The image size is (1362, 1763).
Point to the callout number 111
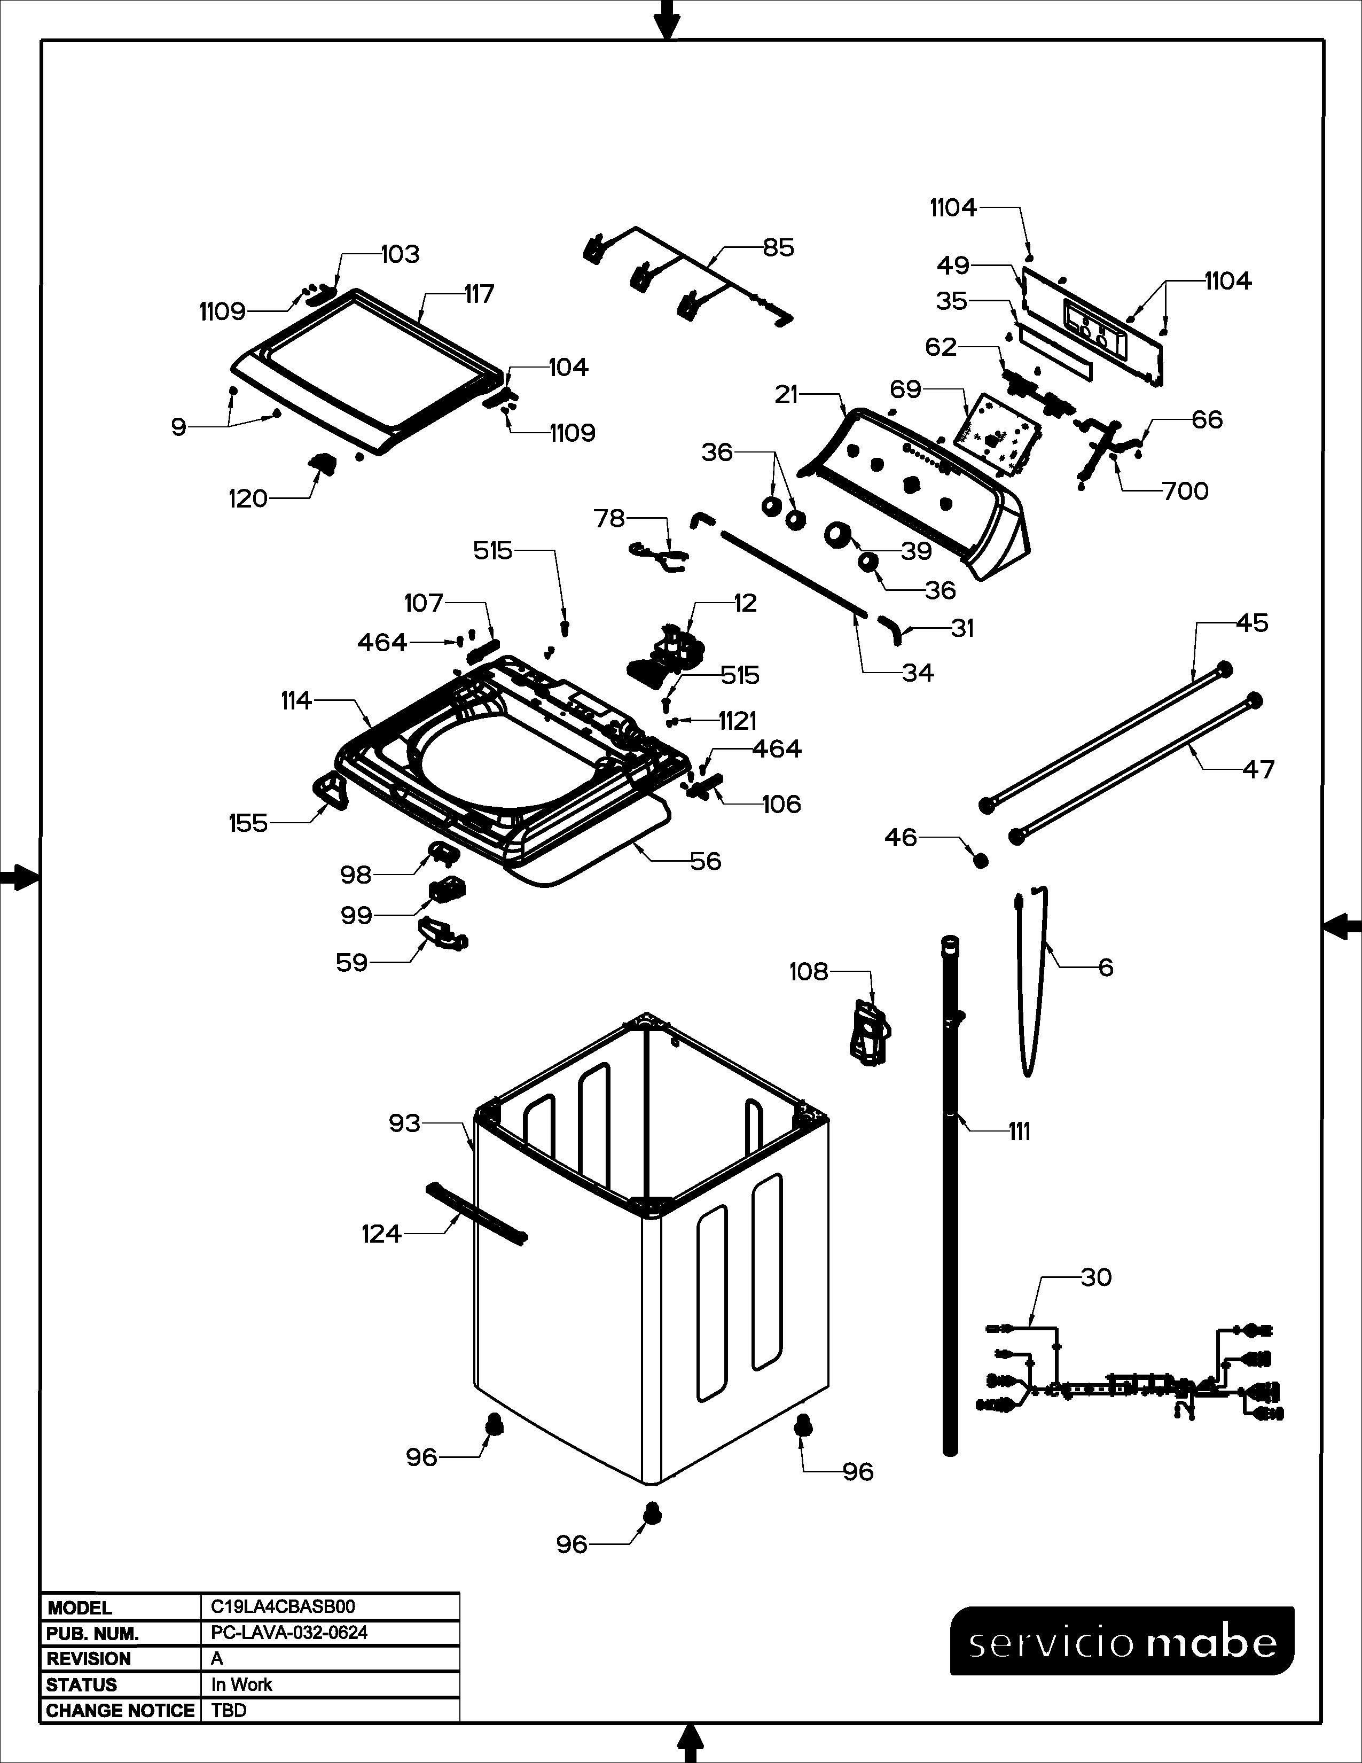[x=1019, y=1132]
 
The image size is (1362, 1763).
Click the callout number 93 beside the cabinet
[x=404, y=1123]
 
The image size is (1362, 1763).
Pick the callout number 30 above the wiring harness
[x=1095, y=1277]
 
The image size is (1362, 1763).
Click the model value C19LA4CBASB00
[x=283, y=1607]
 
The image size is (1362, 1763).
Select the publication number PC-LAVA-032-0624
[x=289, y=1632]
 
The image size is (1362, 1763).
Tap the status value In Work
[x=241, y=1684]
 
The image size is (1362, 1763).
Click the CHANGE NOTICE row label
[x=120, y=1710]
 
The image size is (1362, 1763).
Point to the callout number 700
[x=1185, y=491]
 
